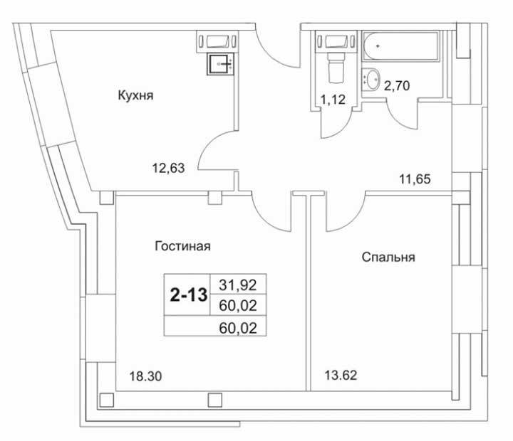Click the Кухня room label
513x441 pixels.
(135, 95)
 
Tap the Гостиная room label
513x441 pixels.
(182, 246)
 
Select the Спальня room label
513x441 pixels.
(388, 257)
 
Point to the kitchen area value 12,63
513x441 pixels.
(168, 169)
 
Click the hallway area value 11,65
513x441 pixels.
(415, 179)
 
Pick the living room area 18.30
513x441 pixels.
(145, 376)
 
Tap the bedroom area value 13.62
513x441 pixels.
(341, 375)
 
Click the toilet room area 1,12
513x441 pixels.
(333, 100)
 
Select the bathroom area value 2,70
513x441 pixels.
(397, 86)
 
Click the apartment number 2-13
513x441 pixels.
(189, 295)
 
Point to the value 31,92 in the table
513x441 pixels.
(238, 285)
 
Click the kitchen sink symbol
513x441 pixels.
(220, 64)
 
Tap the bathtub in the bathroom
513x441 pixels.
(400, 46)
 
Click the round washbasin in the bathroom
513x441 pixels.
(372, 78)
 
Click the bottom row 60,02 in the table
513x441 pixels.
(238, 328)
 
